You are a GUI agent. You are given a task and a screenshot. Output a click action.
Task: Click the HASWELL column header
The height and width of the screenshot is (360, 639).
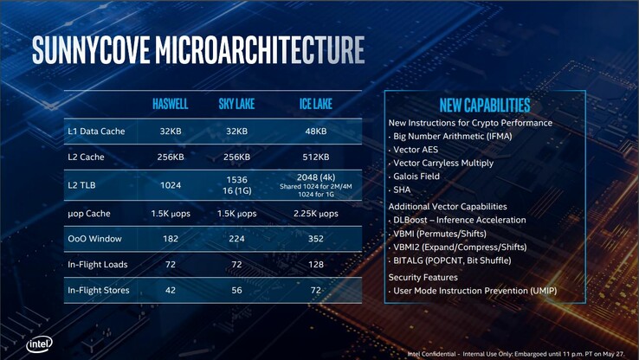[171, 105]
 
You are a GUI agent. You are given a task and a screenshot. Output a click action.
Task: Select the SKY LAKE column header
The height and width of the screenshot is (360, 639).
[236, 105]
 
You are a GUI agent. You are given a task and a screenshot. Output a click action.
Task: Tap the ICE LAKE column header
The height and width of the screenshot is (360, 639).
[315, 105]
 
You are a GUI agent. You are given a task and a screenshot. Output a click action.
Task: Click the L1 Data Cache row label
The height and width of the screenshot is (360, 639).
[96, 132]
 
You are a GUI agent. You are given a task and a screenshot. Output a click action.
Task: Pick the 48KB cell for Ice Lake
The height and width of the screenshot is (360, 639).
[315, 132]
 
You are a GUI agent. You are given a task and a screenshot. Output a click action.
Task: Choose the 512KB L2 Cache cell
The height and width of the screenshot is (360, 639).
[315, 157]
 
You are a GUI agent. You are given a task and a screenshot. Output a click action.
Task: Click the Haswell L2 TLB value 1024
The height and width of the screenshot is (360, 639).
[171, 184]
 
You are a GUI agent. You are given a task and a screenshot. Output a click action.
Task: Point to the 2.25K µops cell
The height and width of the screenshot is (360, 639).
[315, 213]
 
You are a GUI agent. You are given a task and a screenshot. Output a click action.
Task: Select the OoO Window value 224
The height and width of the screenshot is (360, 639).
[236, 239]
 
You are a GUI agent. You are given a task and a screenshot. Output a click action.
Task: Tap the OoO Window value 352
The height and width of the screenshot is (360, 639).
[315, 239]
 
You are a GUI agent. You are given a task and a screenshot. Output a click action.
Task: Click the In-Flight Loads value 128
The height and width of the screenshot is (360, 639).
[315, 264]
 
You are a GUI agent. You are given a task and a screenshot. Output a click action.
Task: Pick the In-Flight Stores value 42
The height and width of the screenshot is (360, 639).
[171, 290]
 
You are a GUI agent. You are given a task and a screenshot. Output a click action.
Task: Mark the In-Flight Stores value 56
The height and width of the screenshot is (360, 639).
[236, 290]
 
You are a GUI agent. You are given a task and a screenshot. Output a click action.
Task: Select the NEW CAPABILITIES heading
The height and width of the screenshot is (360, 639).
[484, 106]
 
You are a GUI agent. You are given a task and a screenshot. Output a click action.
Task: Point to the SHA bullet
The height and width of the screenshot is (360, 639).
[403, 190]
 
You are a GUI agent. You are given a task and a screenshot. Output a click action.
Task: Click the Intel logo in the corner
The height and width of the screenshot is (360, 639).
[39, 344]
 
